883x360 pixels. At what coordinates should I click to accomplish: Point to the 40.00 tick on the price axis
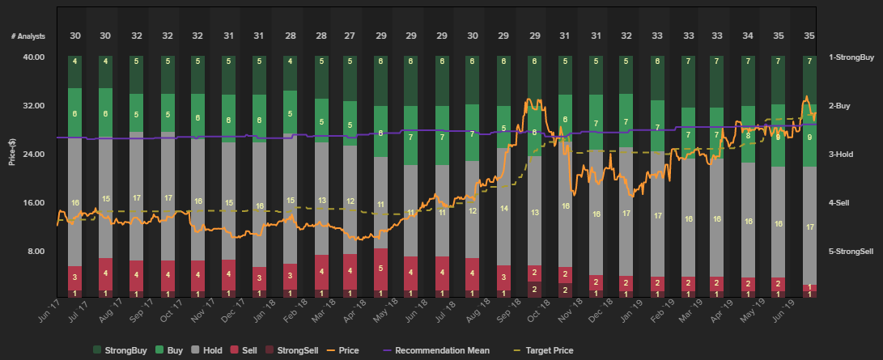click(x=33, y=57)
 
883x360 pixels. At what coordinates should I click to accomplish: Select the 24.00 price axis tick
click(x=33, y=155)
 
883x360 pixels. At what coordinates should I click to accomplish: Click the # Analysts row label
click(x=28, y=36)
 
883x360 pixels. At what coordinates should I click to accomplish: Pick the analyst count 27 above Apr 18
click(x=350, y=36)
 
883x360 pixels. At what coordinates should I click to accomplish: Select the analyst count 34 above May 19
click(x=747, y=36)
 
